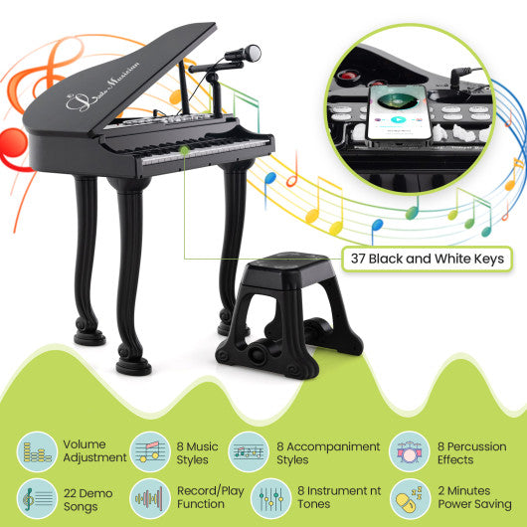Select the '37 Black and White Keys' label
(x=427, y=259)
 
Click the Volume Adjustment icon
(x=37, y=450)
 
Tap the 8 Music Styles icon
(x=147, y=450)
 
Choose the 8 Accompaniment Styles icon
(x=247, y=450)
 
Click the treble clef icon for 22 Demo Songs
(x=37, y=498)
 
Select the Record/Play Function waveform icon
(x=147, y=498)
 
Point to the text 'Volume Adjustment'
(x=94, y=451)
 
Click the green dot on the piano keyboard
(x=184, y=150)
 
